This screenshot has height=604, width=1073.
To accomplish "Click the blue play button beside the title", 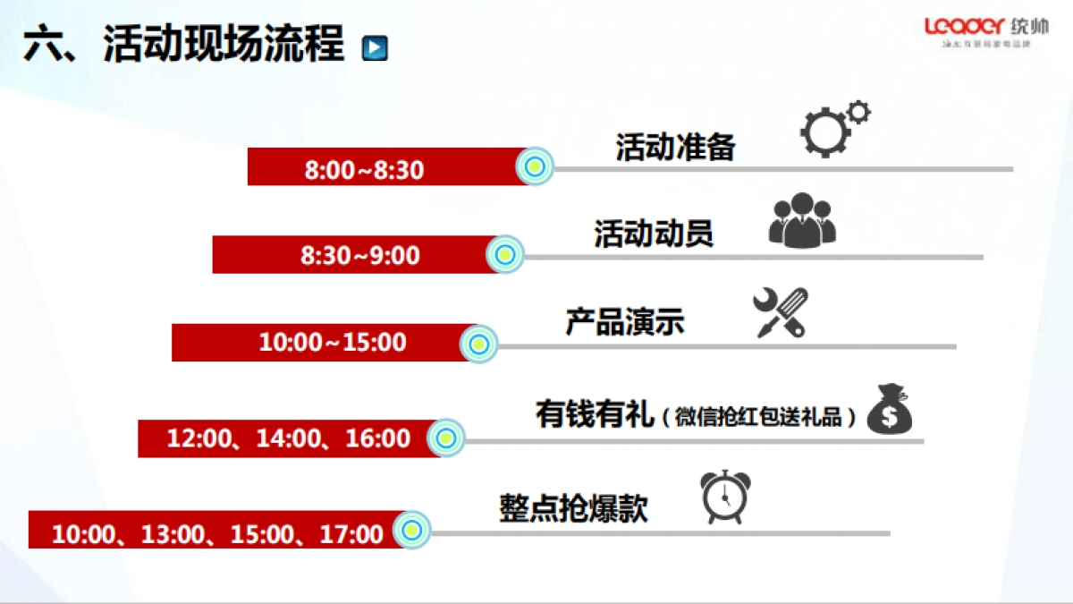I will tap(375, 47).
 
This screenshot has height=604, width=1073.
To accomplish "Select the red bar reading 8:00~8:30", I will tap(384, 167).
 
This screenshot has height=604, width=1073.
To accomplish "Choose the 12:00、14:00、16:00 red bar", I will tap(288, 438).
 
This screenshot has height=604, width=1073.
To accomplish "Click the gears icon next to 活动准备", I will tap(832, 128).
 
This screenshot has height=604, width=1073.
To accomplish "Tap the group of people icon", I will tap(802, 220).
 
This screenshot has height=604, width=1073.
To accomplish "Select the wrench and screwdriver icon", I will tap(781, 311).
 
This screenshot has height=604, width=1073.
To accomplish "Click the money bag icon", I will tap(891, 410).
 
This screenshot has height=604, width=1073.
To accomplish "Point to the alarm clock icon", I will tap(725, 497).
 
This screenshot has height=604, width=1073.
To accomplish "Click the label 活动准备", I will tap(675, 148).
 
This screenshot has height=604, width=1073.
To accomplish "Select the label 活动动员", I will tap(654, 234).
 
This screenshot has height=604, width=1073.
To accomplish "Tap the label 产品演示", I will tap(624, 322).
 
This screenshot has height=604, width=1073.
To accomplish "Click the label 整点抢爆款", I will tap(573, 509).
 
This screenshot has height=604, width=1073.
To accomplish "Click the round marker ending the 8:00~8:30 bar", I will tap(535, 166).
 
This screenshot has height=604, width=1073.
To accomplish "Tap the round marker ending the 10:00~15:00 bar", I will tap(478, 344).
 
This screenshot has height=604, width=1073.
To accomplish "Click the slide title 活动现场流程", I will tap(224, 45).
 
